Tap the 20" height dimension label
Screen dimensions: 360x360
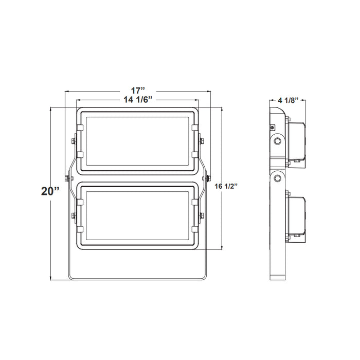[x=51, y=191]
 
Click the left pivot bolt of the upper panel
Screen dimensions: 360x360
[x=72, y=140]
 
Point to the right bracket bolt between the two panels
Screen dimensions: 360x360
[x=207, y=177]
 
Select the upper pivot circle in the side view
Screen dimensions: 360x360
[x=278, y=140]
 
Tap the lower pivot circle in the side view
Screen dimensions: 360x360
[x=278, y=177]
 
